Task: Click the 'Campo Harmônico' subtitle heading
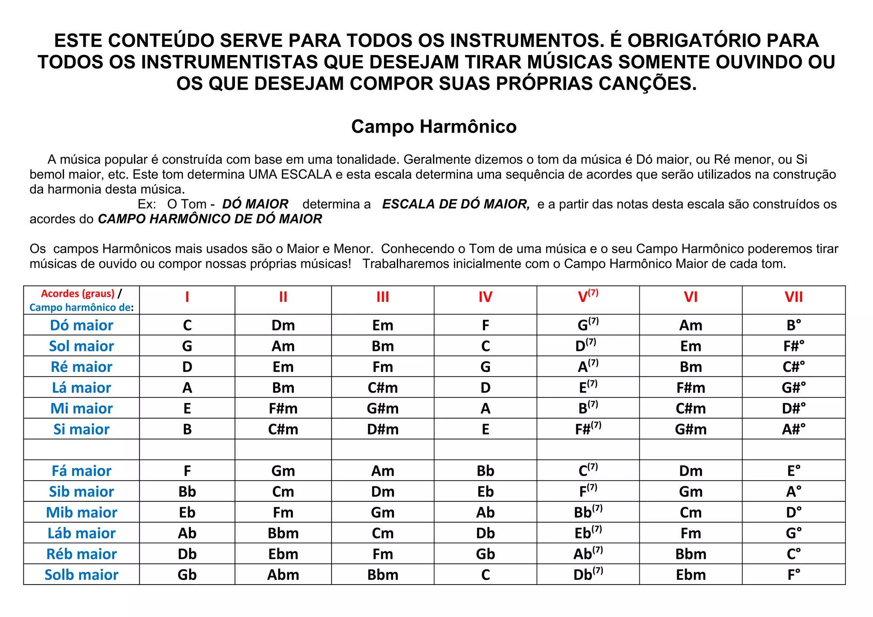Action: [434, 127]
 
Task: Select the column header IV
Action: [485, 297]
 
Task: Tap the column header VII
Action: [793, 297]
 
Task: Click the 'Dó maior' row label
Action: [81, 325]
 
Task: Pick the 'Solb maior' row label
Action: [81, 575]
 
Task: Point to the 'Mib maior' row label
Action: [81, 513]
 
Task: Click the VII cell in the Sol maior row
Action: [793, 346]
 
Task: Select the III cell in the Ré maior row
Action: [382, 367]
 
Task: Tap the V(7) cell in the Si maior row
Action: [588, 429]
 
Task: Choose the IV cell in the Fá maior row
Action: [485, 471]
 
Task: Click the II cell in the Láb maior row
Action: [283, 533]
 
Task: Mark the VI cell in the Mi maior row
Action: [691, 408]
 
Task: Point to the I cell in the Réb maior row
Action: [187, 554]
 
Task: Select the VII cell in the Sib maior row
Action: [793, 492]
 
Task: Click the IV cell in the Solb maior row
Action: [485, 575]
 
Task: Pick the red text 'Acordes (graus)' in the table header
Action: [78, 293]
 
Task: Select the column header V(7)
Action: [588, 296]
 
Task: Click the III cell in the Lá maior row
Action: [382, 388]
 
